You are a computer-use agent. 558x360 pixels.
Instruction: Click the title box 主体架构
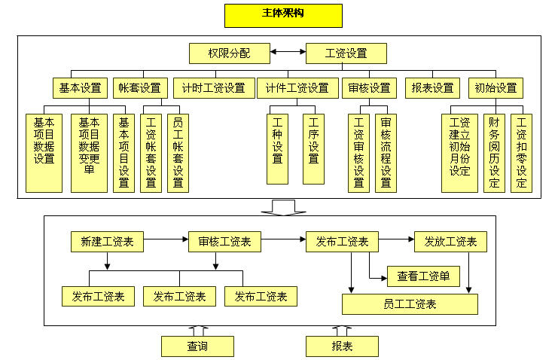(x=283, y=15)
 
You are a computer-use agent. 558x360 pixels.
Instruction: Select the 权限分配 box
(x=229, y=53)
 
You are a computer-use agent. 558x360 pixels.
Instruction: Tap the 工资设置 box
(x=346, y=53)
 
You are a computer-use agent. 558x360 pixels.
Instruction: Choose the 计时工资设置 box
(x=213, y=87)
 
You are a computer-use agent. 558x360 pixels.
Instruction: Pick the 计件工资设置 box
(x=297, y=87)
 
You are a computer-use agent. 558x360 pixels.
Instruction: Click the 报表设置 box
(x=433, y=87)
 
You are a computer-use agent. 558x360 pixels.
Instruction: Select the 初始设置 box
(x=495, y=87)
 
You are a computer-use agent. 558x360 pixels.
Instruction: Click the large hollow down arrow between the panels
(x=284, y=207)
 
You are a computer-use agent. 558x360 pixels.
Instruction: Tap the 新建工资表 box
(x=107, y=242)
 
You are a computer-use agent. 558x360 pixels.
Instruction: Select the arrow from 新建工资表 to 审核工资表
(x=166, y=242)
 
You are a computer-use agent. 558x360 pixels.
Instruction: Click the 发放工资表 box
(x=450, y=242)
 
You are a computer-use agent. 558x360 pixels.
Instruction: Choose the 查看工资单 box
(x=423, y=276)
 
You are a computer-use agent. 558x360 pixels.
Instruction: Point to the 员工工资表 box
(x=410, y=304)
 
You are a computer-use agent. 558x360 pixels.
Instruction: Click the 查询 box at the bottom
(x=197, y=346)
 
